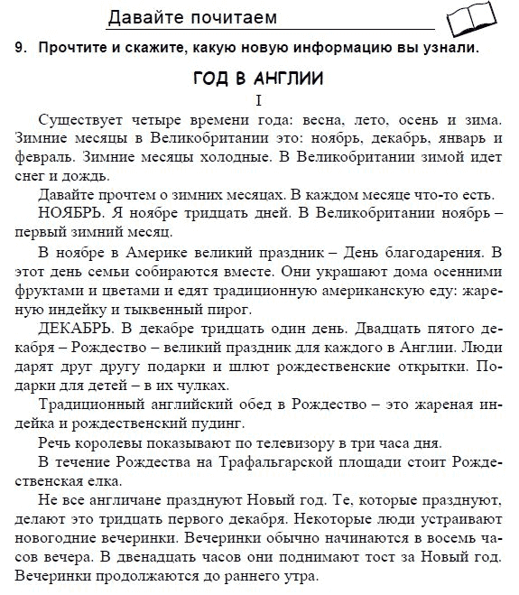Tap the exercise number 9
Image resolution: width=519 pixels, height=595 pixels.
[19, 49]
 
